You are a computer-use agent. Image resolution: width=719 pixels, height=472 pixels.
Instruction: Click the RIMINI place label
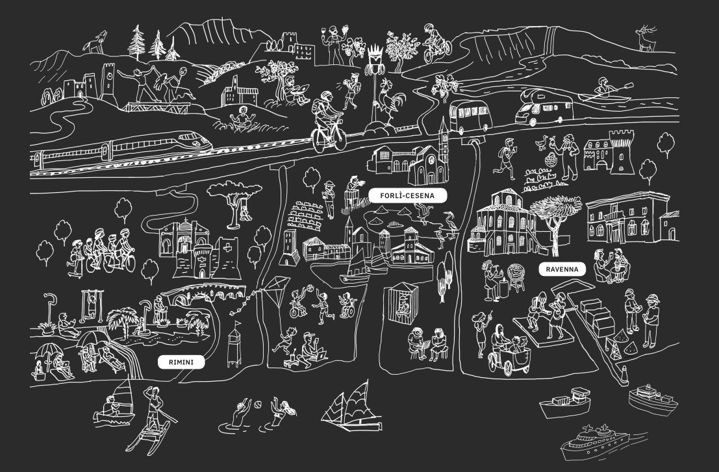[181, 362]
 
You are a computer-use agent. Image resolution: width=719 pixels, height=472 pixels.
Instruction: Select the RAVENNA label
[562, 269]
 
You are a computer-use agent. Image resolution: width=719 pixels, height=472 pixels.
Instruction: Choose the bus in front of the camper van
[471, 115]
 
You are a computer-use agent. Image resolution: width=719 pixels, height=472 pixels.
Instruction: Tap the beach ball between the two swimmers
[257, 406]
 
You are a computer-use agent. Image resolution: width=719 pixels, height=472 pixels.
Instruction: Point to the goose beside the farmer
[541, 143]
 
